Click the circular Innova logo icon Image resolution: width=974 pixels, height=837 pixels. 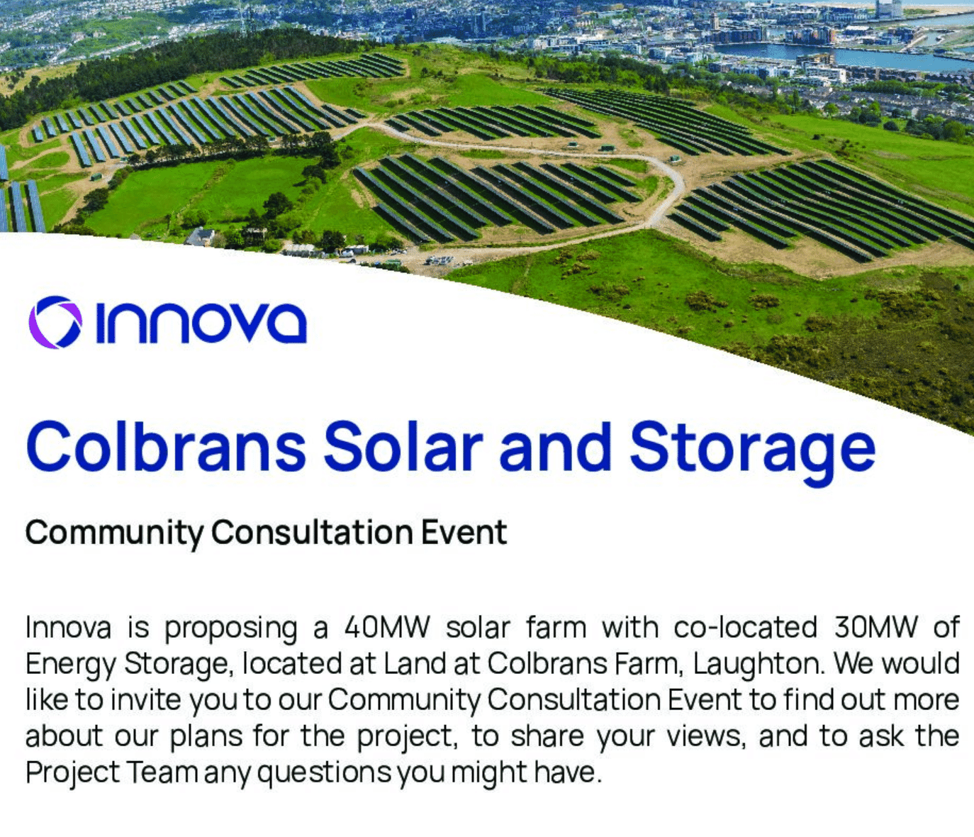click(55, 322)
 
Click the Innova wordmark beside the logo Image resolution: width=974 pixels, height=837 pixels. click(201, 323)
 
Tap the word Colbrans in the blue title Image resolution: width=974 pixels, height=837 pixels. click(166, 447)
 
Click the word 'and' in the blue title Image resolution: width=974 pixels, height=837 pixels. click(555, 447)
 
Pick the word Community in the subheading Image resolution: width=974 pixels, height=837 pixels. click(113, 533)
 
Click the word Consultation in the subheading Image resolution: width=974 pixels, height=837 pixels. click(311, 532)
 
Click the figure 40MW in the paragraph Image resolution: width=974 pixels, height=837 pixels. click(387, 628)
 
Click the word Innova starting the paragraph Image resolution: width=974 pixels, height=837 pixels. click(68, 628)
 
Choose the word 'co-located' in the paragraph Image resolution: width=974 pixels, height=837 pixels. click(745, 628)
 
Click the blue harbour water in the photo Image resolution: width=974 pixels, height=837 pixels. click(851, 57)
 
